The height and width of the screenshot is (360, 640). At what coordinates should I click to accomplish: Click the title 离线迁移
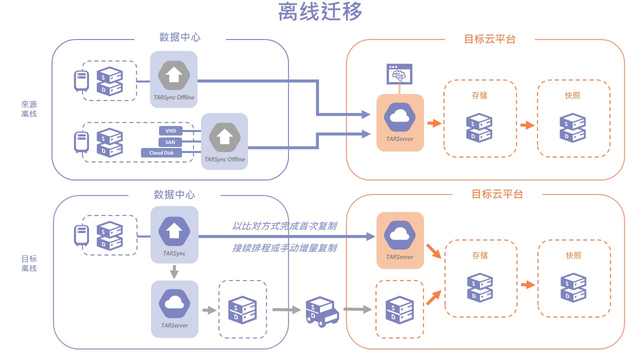click(x=320, y=12)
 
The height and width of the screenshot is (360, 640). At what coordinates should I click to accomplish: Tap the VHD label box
click(x=170, y=130)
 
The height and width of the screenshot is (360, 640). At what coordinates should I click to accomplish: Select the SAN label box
click(x=170, y=142)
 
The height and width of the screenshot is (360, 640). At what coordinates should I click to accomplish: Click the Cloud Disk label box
click(x=161, y=153)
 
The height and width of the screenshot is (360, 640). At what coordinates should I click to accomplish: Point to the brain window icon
click(x=399, y=73)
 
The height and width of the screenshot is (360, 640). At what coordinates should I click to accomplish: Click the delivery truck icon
click(x=321, y=311)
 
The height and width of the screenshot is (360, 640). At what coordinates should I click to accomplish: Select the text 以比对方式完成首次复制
click(x=284, y=226)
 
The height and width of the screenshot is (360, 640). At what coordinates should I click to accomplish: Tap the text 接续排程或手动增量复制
click(x=284, y=248)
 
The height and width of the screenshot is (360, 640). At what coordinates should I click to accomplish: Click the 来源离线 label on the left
click(x=28, y=109)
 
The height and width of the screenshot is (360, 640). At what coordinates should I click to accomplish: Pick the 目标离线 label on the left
click(x=28, y=263)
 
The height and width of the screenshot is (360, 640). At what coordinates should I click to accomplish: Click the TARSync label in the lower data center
click(x=174, y=253)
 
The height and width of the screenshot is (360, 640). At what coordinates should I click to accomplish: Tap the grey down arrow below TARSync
click(x=174, y=272)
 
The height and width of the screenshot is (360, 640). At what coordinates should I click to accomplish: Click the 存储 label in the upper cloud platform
click(x=479, y=95)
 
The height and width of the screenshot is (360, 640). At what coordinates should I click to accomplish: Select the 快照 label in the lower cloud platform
click(x=573, y=255)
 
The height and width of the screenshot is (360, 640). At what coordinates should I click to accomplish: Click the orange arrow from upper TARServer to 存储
click(x=434, y=123)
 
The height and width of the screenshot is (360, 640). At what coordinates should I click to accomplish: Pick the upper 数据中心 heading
click(x=180, y=37)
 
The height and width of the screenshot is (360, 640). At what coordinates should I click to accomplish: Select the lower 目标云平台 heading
click(x=497, y=194)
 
